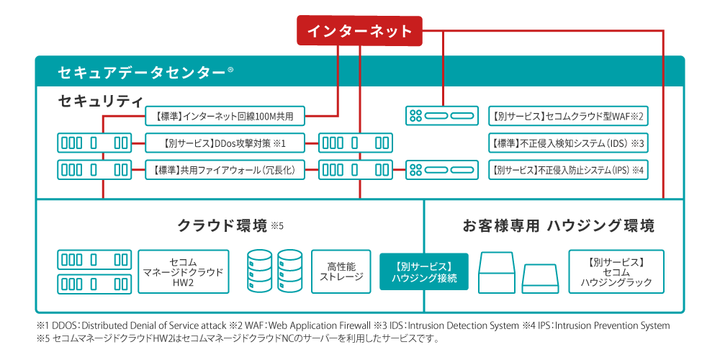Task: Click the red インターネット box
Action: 359,31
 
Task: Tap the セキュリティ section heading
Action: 100,100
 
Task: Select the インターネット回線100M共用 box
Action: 225,115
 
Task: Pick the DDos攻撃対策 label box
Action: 225,143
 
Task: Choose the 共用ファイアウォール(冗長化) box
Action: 225,171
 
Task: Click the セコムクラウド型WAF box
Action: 567,115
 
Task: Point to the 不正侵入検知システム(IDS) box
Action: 567,143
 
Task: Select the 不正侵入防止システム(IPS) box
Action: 567,171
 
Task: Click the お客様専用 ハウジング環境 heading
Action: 558,225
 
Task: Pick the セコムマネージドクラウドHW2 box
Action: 183,271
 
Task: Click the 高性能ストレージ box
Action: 341,271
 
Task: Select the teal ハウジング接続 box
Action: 423,271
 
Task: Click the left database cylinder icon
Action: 260,271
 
